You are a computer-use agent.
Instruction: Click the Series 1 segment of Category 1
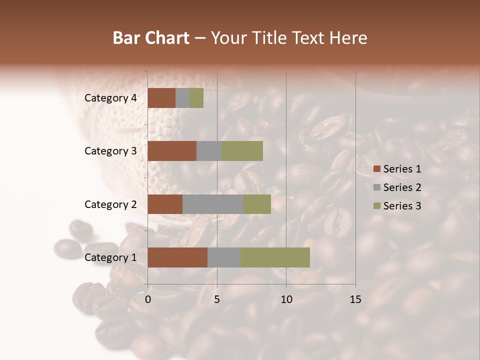point(177,257)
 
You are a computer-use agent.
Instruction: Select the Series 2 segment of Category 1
point(224,257)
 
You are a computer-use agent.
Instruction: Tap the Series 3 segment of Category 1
point(275,257)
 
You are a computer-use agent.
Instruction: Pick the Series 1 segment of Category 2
point(165,204)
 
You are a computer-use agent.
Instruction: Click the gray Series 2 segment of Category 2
point(213,204)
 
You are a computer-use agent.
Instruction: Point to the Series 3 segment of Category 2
point(257,204)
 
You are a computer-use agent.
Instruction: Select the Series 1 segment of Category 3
point(172,151)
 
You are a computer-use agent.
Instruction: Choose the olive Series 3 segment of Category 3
point(242,151)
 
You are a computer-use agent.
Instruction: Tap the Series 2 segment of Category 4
point(182,98)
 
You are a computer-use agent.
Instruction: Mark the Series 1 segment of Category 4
point(161,98)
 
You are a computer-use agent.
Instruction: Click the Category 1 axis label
point(110,257)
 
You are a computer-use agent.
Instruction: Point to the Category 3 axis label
point(110,151)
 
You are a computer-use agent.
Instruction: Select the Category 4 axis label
point(110,98)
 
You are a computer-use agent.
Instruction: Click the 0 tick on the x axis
point(148,299)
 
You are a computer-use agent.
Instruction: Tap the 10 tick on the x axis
point(286,299)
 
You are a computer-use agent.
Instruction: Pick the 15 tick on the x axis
point(355,299)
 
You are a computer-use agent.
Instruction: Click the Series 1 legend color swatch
point(377,169)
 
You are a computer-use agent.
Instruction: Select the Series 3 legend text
point(402,206)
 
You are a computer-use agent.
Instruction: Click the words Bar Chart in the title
point(151,38)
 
